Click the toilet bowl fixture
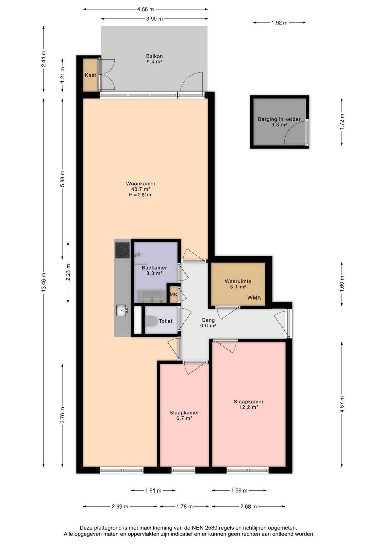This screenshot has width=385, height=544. click(x=151, y=321)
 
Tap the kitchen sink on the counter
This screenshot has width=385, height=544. click(x=122, y=310)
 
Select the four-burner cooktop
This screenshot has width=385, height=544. click(x=122, y=250)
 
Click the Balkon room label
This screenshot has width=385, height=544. click(x=154, y=56)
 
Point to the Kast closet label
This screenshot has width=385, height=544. click(x=90, y=75)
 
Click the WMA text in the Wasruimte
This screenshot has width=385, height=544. click(x=254, y=297)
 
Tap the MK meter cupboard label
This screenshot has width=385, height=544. click(x=173, y=294)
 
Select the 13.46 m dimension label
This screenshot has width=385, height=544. click(x=44, y=282)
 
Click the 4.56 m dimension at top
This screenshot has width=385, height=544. click(x=146, y=9)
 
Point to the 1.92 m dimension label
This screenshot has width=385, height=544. click(x=279, y=23)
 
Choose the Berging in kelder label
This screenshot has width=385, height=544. click(x=279, y=119)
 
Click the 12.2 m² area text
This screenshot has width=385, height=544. click(x=249, y=407)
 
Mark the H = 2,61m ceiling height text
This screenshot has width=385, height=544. click(x=140, y=195)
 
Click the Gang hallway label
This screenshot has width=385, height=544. click(x=208, y=320)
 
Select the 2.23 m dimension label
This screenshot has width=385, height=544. click(x=68, y=272)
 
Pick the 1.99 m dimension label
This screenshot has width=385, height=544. click(x=239, y=491)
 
